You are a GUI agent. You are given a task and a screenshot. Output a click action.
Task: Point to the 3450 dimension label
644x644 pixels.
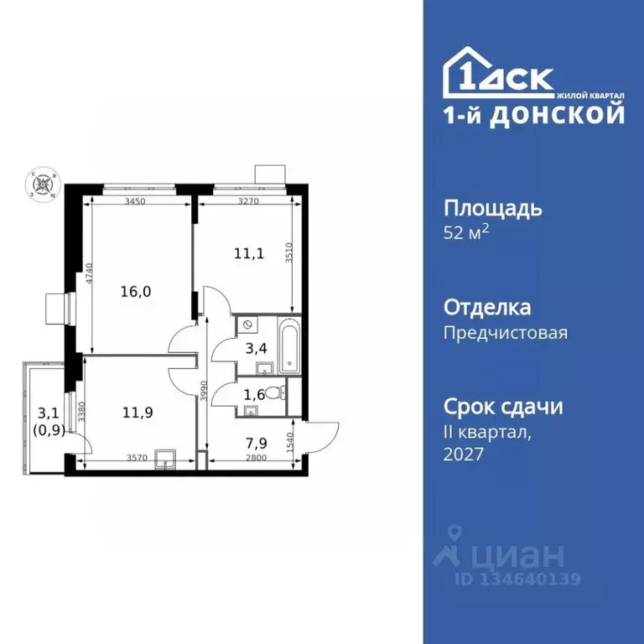pos(136,202)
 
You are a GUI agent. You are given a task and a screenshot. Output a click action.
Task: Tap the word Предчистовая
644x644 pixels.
pos(505,333)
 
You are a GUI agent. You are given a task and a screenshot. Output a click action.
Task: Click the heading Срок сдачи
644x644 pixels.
pos(502,408)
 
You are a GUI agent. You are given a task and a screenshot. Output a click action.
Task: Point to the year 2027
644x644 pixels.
pos(464,454)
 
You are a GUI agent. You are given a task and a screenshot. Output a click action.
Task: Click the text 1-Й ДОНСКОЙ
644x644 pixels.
pos(533,116)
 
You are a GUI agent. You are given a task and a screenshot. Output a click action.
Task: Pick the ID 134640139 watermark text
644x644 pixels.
pos(517,579)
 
